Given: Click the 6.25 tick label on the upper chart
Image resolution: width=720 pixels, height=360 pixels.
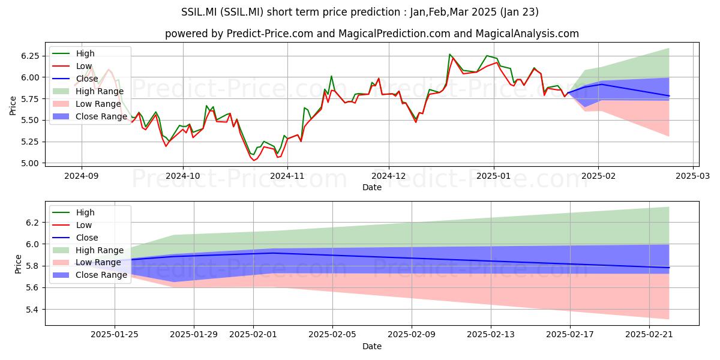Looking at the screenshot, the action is point(30,56).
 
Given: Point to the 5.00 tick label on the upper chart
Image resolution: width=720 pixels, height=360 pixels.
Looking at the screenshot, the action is point(30,163).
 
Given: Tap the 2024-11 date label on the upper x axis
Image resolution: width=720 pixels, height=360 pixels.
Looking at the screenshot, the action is point(287,176).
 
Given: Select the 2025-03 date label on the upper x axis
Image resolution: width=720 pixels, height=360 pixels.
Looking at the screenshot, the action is point(693,176).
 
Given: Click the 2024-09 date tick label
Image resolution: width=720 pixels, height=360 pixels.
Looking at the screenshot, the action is point(82,176).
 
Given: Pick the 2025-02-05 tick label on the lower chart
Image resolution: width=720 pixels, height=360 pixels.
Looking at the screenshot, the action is point(332,335).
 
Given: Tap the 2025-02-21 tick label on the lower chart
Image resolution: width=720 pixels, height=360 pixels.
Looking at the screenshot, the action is point(649,335).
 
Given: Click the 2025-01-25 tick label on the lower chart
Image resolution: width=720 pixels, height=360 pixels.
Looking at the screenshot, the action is point(115,335).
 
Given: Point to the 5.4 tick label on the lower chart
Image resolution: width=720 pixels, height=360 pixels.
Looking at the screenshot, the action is point(34,310).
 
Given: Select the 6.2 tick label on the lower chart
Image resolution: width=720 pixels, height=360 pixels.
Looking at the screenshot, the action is point(34,223).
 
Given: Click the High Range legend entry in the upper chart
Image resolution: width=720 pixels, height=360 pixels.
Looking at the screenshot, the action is point(88,91).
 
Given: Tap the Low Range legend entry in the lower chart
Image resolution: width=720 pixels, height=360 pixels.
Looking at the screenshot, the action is point(86,262).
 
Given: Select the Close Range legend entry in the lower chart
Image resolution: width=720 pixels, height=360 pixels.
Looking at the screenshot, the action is point(89,275).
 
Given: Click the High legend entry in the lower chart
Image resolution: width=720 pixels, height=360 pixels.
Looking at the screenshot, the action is point(73,212).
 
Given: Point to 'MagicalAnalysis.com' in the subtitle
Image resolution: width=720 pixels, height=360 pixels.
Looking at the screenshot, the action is point(527,34).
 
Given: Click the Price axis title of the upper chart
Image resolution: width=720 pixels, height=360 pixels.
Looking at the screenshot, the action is point(13,106).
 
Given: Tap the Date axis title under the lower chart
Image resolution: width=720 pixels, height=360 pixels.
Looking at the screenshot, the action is point(372,346).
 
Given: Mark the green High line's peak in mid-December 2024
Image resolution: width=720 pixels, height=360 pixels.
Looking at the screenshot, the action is point(449,54).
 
